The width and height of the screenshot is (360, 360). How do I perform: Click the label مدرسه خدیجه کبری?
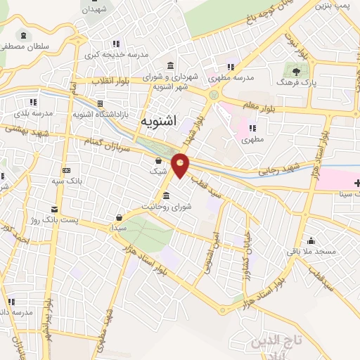coord(117,55)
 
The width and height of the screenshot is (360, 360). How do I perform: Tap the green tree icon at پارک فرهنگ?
coord(296,70)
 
